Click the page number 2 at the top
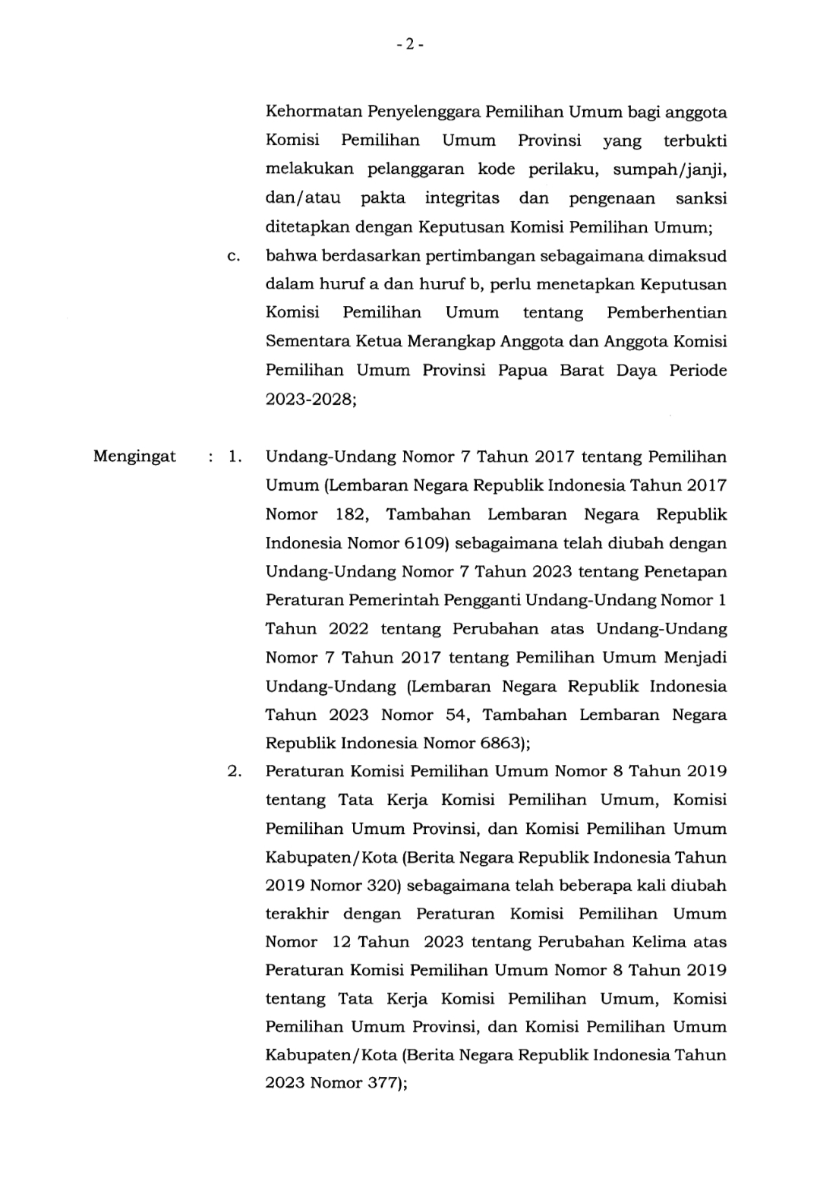pyautogui.click(x=409, y=45)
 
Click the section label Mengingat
pyautogui.click(x=134, y=456)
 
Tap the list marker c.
pyautogui.click(x=233, y=256)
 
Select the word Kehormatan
pyautogui.click(x=314, y=112)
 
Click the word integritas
pyautogui.click(x=462, y=198)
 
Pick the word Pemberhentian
pyautogui.click(x=667, y=313)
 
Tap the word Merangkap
pyautogui.click(x=451, y=341)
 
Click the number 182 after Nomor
pyautogui.click(x=351, y=514)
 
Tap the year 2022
pyautogui.click(x=348, y=629)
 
